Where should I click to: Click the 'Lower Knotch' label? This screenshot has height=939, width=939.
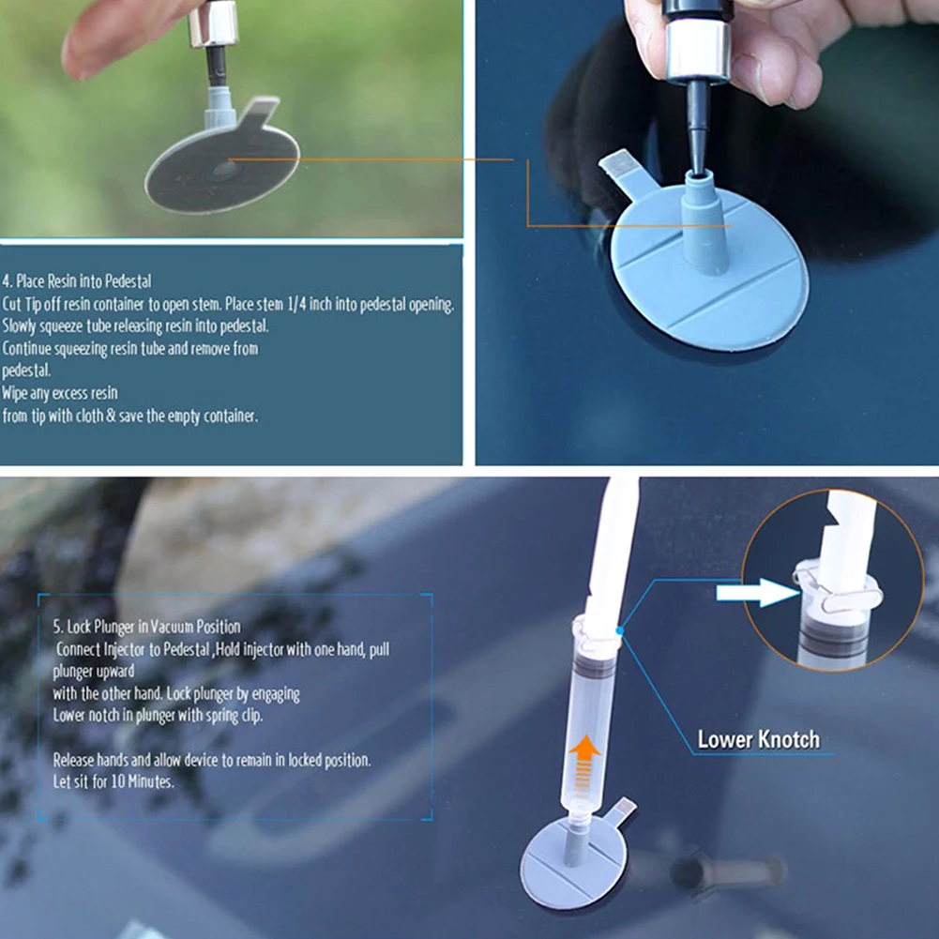click(x=758, y=739)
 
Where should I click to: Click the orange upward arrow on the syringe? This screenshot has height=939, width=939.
click(x=584, y=763)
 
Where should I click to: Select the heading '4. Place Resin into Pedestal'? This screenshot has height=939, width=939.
click(x=77, y=280)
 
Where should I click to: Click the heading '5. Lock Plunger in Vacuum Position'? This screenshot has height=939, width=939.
click(x=146, y=627)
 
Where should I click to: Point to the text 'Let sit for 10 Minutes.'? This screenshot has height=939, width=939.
click(x=114, y=781)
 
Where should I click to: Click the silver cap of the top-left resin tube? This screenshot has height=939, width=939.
click(x=213, y=24)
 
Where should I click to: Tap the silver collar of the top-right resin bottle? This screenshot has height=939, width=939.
click(x=698, y=51)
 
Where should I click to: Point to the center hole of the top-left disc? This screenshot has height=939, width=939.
click(x=224, y=170)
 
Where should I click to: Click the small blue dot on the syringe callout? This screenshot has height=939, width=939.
click(x=620, y=630)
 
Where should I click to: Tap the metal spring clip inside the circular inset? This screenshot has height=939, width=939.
click(x=837, y=592)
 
